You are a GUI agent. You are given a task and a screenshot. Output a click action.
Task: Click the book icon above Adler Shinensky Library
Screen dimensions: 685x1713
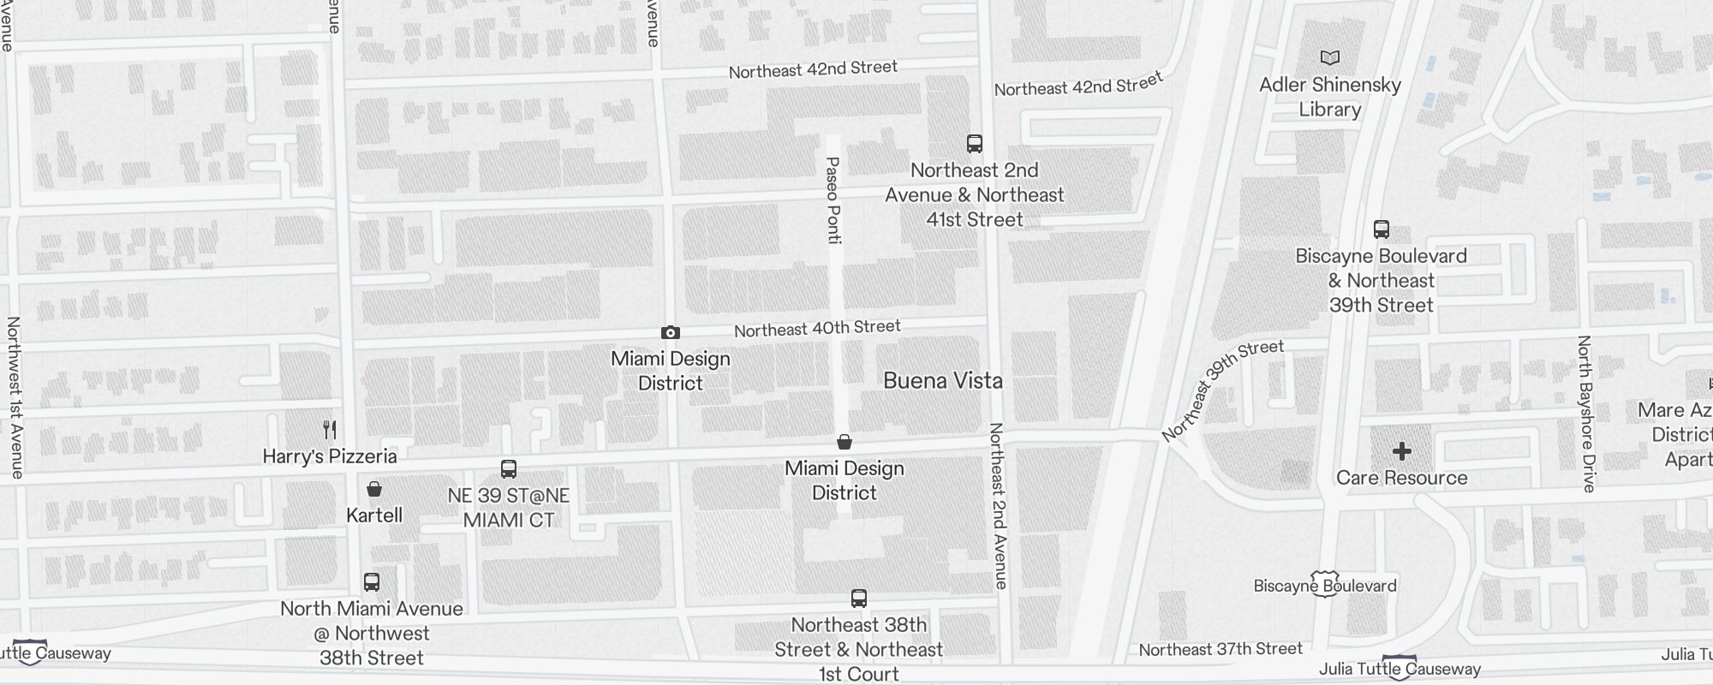point(1329,58)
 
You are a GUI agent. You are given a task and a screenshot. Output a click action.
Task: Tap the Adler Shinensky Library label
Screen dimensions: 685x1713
point(1329,97)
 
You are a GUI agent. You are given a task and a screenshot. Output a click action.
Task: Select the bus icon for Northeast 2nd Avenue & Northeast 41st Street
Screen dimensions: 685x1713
point(974,143)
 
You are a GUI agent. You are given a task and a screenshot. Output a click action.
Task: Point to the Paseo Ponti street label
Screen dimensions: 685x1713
point(833,200)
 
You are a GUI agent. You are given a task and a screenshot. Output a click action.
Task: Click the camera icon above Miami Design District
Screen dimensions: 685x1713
point(671,332)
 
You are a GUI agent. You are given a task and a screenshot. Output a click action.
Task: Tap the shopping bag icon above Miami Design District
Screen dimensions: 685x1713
point(845,442)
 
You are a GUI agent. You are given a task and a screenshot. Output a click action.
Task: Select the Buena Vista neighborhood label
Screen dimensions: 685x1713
point(942,380)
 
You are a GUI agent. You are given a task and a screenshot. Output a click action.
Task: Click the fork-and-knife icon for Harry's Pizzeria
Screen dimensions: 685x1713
point(330,429)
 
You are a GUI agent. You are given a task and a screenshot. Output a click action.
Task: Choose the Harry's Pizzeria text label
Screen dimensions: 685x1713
point(330,456)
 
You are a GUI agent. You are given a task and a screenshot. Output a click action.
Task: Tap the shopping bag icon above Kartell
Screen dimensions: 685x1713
point(374,489)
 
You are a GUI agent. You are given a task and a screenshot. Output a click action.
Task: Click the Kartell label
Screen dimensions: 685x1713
point(374,515)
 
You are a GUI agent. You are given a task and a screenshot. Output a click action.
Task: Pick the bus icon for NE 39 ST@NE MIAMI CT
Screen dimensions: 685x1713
point(509,469)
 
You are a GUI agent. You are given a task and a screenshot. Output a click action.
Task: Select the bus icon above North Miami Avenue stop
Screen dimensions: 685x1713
point(372,582)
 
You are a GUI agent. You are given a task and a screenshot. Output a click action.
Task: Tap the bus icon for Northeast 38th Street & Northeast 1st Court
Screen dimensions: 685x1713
point(859,599)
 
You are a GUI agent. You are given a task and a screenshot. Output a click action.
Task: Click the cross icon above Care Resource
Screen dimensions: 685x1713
point(1402,451)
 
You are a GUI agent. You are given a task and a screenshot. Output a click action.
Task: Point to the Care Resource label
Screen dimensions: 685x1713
point(1402,478)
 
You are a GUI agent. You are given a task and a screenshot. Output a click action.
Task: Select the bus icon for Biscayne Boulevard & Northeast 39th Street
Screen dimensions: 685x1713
point(1381,229)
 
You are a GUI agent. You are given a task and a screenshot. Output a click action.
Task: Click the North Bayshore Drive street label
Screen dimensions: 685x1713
point(1586,414)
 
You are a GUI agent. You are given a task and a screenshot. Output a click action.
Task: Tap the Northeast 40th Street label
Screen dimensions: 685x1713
point(817,328)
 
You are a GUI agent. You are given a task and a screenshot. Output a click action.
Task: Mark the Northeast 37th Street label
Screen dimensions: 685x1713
point(1221,650)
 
